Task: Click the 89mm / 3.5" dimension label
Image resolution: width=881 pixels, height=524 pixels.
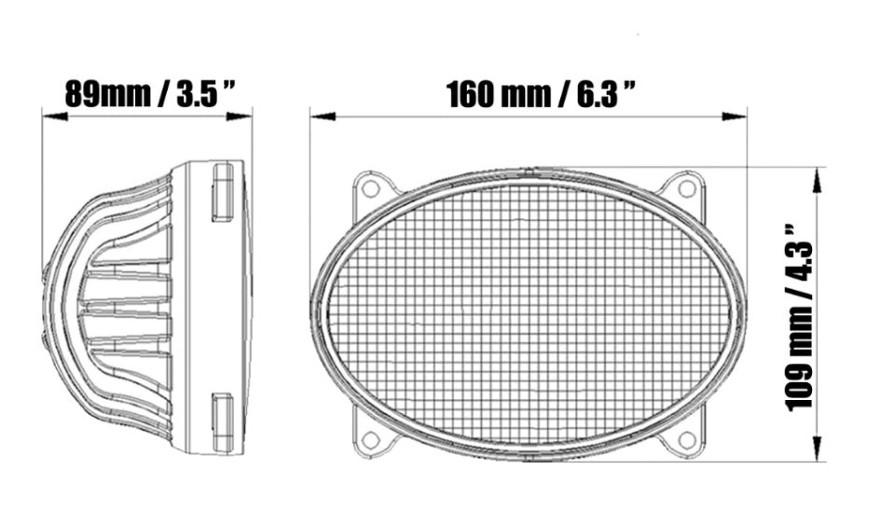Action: pos(147,94)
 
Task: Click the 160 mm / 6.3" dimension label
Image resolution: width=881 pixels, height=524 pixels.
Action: pos(541,94)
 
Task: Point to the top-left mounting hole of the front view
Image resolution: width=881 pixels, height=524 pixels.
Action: pos(370,187)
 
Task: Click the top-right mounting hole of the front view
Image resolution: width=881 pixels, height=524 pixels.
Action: pos(687,187)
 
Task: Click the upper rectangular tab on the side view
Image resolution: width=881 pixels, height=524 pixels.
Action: pos(223,192)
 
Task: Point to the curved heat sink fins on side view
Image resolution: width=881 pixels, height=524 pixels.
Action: pos(112,308)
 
